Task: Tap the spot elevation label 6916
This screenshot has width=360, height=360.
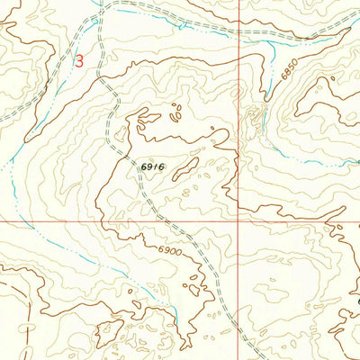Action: [151, 167]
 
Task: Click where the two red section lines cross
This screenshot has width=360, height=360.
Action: [238, 219]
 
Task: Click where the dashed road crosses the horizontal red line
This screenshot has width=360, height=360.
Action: [164, 219]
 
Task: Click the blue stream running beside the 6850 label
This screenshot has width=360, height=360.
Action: [270, 81]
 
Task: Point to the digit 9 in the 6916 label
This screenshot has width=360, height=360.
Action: [148, 167]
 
